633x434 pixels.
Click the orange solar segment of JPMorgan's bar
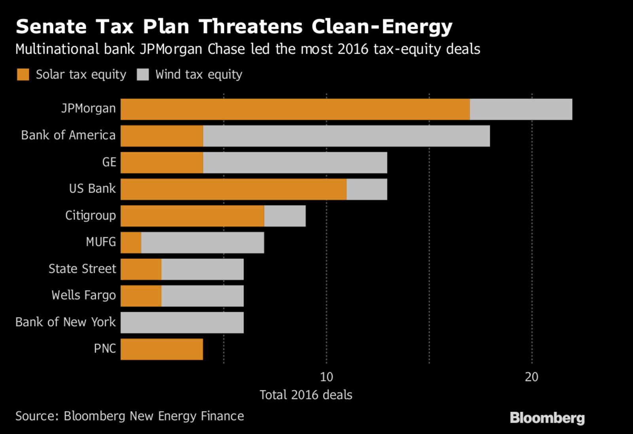tap(295, 109)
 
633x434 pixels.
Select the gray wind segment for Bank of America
tap(346, 136)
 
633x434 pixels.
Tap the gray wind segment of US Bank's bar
tap(367, 189)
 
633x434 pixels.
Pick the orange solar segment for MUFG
tap(131, 243)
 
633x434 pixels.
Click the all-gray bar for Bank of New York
tap(182, 323)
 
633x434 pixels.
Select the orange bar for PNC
tap(162, 349)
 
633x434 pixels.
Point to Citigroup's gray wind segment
tap(285, 216)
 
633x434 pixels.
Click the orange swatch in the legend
tap(23, 74)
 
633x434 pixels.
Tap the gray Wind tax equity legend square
tap(142, 74)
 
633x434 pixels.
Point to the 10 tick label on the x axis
tap(326, 377)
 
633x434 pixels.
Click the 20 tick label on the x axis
tap(532, 377)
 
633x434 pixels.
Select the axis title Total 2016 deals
tap(306, 395)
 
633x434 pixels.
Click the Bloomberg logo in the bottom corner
tap(547, 418)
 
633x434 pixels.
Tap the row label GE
tap(109, 162)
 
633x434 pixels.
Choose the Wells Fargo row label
tap(83, 295)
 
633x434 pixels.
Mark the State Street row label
tap(82, 269)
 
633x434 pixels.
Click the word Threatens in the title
tap(250, 27)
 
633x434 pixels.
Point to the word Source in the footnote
tap(36, 416)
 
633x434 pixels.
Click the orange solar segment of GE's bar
tap(162, 163)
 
